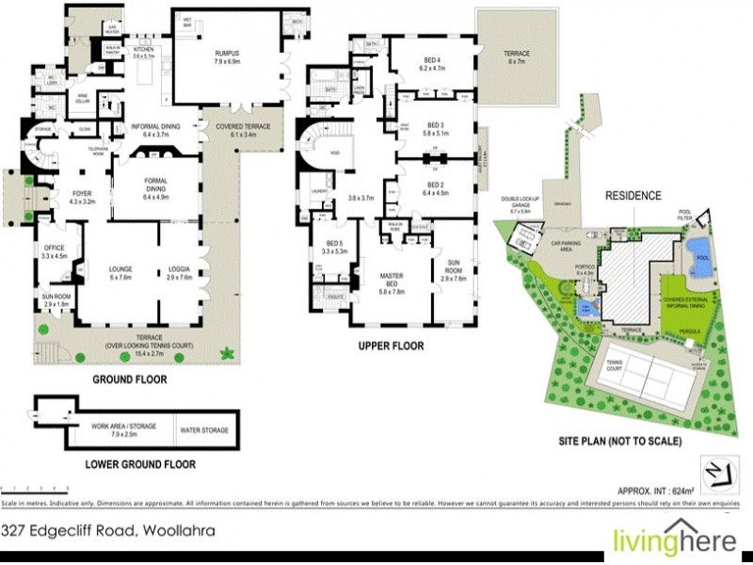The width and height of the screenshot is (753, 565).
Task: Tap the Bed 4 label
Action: click(x=432, y=64)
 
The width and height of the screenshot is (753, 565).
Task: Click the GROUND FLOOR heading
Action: click(x=129, y=380)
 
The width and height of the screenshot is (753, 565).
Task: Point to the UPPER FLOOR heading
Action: click(x=391, y=346)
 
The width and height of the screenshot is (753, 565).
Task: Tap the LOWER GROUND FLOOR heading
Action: click(x=140, y=464)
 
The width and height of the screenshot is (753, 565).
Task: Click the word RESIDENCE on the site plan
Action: click(x=634, y=198)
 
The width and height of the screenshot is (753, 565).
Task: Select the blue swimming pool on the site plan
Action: click(x=697, y=251)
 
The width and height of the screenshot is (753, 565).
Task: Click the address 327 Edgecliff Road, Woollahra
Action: click(x=108, y=531)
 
